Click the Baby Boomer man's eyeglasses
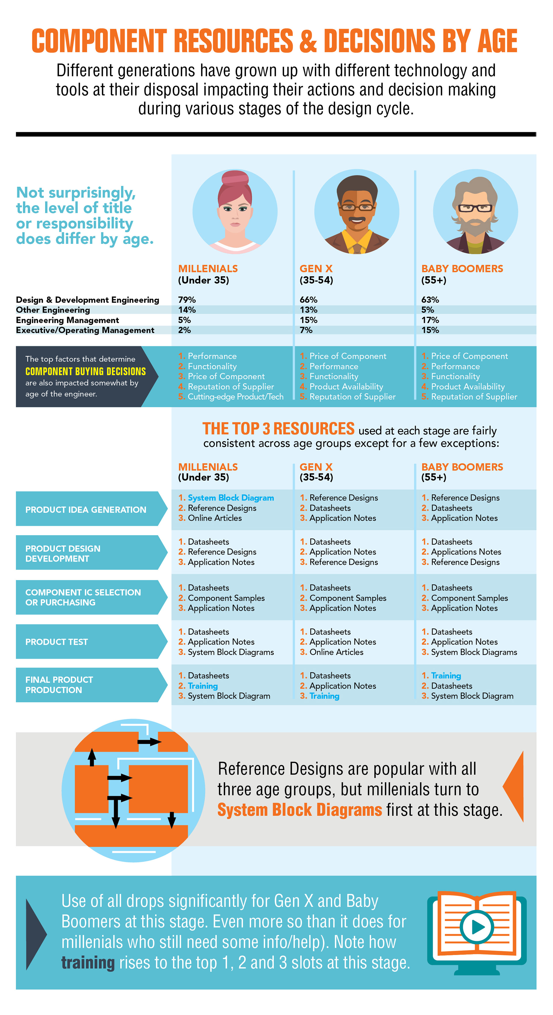pos(475,208)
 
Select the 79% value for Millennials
pos(187,300)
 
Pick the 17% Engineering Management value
pos(430,320)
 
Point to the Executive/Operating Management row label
pos(85,330)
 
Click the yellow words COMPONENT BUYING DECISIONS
pos(86,371)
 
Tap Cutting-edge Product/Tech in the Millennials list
pos(235,397)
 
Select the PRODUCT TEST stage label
pos(57,642)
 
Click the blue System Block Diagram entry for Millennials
pos(231,498)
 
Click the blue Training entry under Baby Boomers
pos(446,676)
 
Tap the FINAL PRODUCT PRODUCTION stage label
pos(59,685)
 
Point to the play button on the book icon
pos(477,927)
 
